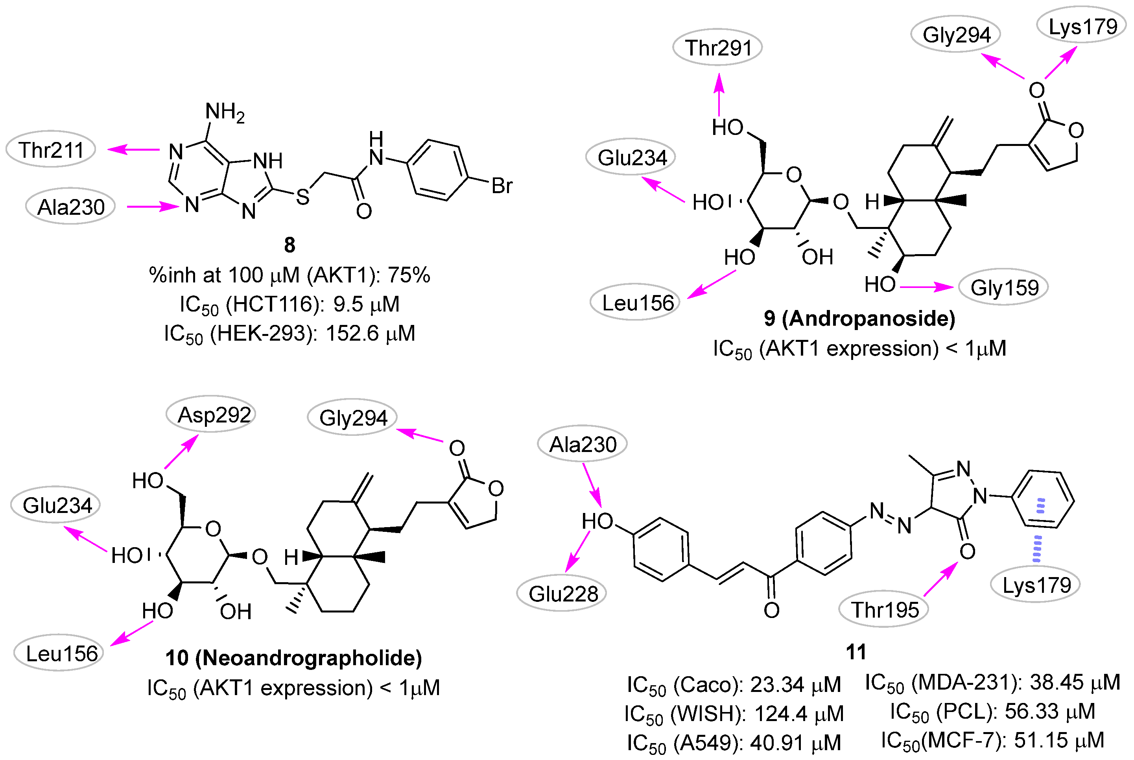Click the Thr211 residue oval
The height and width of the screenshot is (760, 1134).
click(51, 149)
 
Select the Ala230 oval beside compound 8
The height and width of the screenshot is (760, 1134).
click(71, 207)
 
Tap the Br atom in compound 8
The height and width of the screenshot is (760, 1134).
click(502, 186)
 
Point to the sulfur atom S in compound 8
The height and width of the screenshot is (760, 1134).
click(303, 197)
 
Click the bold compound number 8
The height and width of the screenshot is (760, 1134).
click(290, 245)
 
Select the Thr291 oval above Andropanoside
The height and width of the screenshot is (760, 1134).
click(718, 48)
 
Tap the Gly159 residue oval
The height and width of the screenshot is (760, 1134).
click(1004, 288)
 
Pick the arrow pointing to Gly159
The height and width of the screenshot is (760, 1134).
click(927, 288)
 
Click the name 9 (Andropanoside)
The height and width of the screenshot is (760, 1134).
click(859, 319)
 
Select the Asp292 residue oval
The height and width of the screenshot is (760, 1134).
click(211, 415)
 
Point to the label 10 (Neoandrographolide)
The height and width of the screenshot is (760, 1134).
click(294, 658)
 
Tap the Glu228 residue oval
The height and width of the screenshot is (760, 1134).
click(562, 593)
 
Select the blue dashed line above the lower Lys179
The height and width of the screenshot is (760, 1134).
click(1036, 549)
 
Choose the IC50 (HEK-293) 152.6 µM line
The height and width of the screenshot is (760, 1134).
click(290, 334)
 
